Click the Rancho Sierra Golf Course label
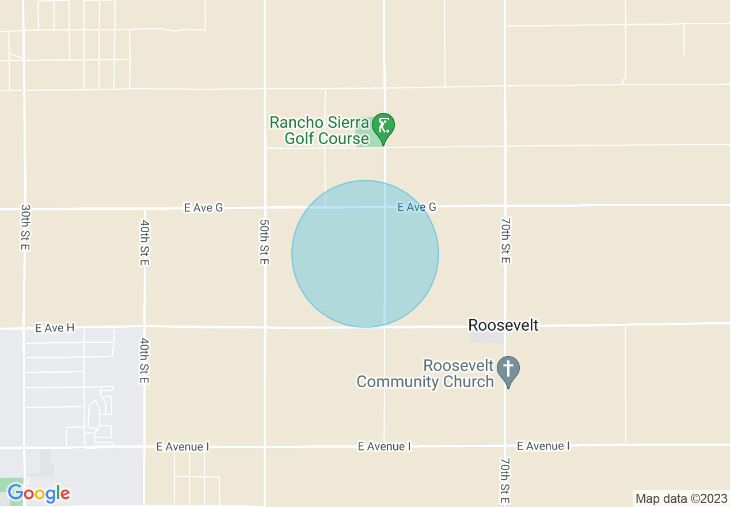tap(320, 131)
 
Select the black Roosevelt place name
tap(503, 326)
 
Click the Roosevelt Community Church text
tap(425, 373)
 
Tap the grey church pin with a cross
tap(508, 371)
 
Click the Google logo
tap(39, 493)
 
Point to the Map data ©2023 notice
tap(681, 498)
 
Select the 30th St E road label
tap(25, 227)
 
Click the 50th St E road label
tap(264, 241)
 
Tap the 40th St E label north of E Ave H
tap(145, 243)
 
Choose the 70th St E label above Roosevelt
tap(505, 241)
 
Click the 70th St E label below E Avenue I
tap(505, 481)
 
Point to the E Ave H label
tap(55, 328)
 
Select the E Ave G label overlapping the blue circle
tap(417, 207)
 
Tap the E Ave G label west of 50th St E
tap(203, 207)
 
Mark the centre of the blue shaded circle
tap(365, 254)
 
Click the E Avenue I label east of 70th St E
tap(543, 446)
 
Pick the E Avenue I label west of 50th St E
tap(183, 447)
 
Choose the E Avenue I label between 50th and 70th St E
tap(384, 447)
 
